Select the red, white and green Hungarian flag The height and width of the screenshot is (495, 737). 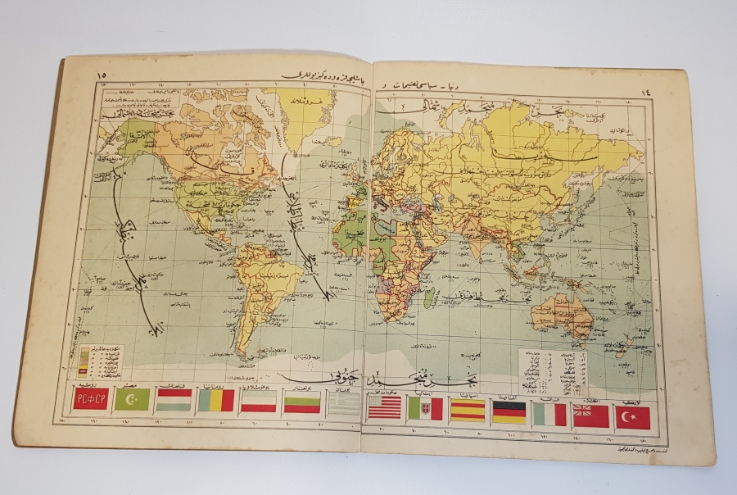[174, 400]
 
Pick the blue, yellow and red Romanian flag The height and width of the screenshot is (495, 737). [216, 400]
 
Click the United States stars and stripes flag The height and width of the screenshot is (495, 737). [384, 407]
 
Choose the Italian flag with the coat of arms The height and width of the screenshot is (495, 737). [425, 408]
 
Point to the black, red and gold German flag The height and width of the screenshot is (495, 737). [509, 412]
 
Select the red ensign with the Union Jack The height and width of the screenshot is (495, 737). [590, 416]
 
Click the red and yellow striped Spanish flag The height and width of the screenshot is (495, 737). [467, 410]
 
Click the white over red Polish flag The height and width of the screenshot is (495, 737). [259, 402]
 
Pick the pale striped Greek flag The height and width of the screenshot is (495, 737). [342, 404]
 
